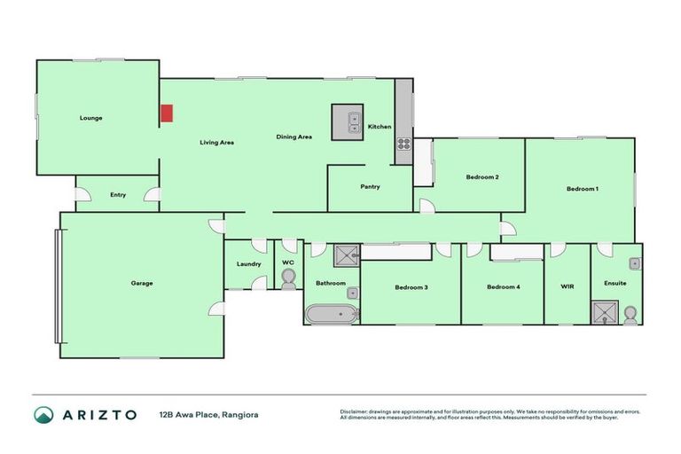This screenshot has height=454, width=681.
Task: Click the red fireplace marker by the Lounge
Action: [166, 113]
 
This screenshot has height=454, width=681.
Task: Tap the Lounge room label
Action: [90, 117]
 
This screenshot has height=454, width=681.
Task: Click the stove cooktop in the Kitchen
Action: [403, 144]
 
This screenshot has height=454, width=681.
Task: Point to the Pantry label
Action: [370, 187]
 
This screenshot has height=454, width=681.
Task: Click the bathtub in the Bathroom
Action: [331, 313]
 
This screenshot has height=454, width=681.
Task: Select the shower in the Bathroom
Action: [345, 257]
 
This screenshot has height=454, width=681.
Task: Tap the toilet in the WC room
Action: [287, 279]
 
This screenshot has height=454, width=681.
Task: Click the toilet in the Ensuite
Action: [630, 314]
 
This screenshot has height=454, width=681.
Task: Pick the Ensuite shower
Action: [605, 313]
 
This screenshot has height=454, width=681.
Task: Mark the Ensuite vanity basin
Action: [635, 263]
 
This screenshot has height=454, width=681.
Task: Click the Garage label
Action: [142, 284]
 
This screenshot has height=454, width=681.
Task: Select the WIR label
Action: [567, 286]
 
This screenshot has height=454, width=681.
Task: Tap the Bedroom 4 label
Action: [503, 286]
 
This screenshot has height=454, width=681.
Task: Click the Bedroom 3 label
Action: [411, 286]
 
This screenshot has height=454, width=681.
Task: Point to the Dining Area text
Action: [294, 137]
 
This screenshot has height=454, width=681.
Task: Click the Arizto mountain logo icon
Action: [44, 414]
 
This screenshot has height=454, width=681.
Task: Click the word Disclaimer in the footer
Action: [356, 411]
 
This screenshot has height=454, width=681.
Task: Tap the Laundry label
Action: [247, 263]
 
